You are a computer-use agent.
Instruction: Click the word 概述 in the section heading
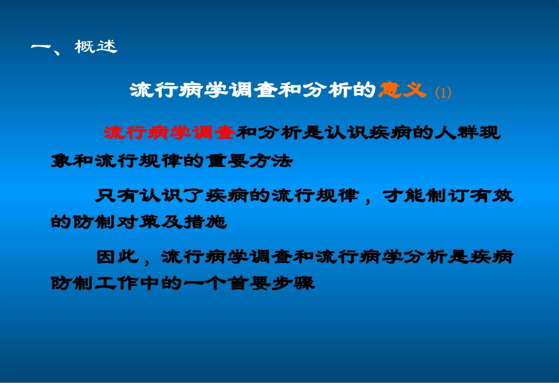click(96, 47)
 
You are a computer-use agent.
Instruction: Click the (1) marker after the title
click(442, 92)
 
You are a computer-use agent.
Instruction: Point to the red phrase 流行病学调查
click(169, 133)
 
